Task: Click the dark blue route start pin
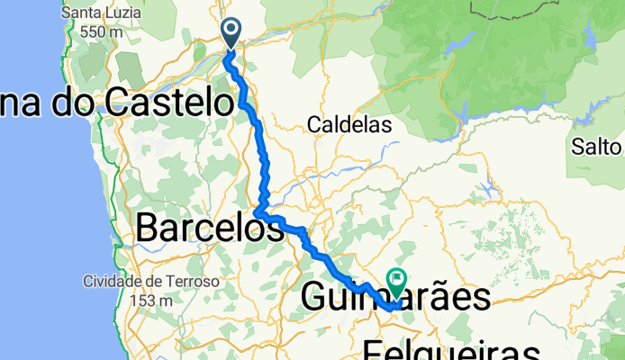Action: point(231,33)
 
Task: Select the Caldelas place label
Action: point(349,125)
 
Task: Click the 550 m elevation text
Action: point(101,31)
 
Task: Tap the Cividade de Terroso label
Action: point(151,282)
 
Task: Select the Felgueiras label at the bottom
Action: point(453,350)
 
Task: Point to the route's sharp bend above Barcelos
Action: point(258,212)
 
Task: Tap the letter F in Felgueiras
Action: point(374,350)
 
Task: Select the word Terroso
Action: point(192,282)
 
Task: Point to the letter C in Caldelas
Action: point(314,125)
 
